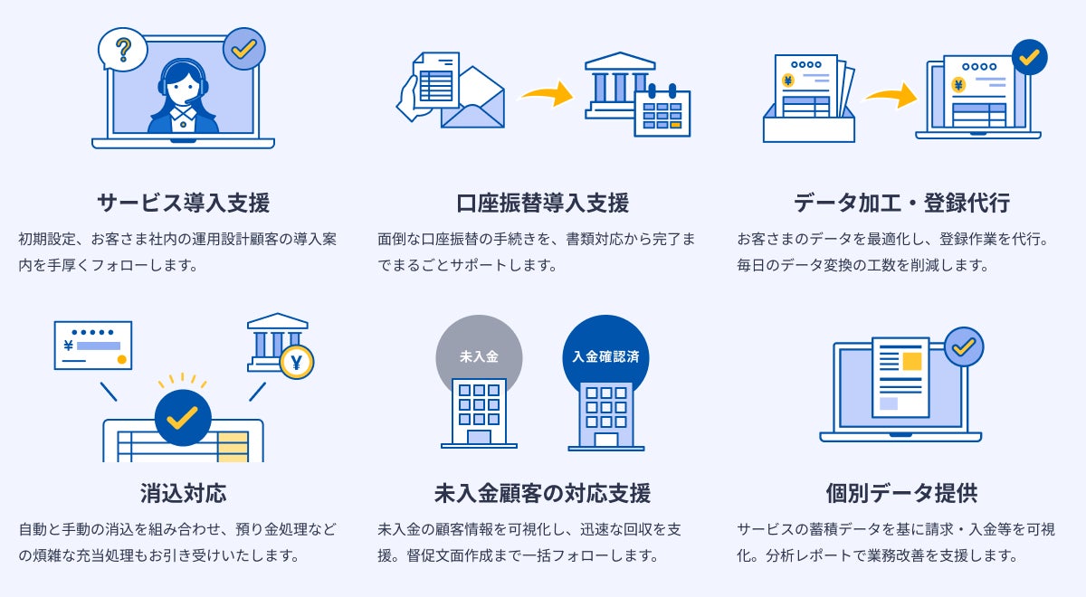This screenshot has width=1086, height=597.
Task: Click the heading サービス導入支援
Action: coord(183,203)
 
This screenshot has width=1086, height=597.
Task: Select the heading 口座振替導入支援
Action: coord(543,203)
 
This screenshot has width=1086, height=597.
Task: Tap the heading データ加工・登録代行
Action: coord(901,203)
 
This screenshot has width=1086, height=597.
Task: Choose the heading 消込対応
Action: coord(183,493)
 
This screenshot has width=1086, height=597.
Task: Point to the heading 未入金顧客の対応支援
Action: coord(543,493)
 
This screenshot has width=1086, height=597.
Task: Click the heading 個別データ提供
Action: coord(901,493)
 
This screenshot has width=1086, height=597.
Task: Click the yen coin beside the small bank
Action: coord(296,362)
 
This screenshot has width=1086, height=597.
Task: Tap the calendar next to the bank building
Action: coord(662,112)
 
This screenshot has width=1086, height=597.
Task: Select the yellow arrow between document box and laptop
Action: coord(891,94)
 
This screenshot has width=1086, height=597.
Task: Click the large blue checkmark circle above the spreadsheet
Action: coord(183,417)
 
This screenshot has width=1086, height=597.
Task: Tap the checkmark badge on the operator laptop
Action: coord(243,49)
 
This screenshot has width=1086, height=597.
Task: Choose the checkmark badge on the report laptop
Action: coord(963,346)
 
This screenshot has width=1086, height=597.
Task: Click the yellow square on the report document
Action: coord(911,362)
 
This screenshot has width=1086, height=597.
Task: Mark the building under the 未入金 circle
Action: coord(479,412)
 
